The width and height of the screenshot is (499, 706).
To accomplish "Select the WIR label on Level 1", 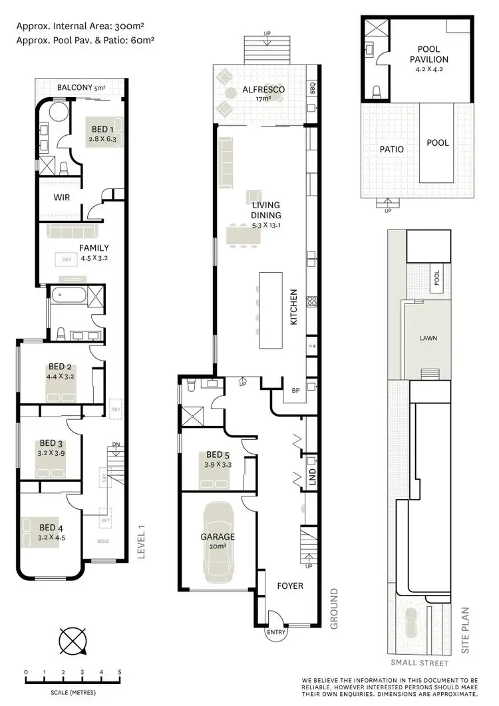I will (x=62, y=197).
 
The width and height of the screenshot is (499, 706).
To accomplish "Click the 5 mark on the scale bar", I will (x=120, y=673).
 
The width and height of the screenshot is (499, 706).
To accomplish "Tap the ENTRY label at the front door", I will (x=276, y=633).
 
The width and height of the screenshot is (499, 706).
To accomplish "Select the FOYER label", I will (x=289, y=586).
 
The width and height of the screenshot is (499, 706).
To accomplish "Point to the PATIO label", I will (x=392, y=149).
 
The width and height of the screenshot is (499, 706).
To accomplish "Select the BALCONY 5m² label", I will (x=79, y=87).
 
